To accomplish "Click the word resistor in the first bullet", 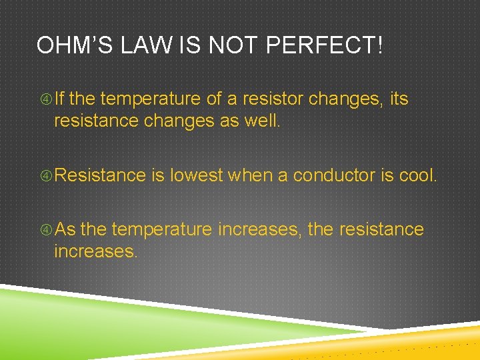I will point(272,99).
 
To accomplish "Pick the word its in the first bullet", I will point(399,99).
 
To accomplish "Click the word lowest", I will point(197,175).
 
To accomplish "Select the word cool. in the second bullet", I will point(418,175).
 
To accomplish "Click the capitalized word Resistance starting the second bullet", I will point(100,175).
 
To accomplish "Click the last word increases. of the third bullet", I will point(95,252).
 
